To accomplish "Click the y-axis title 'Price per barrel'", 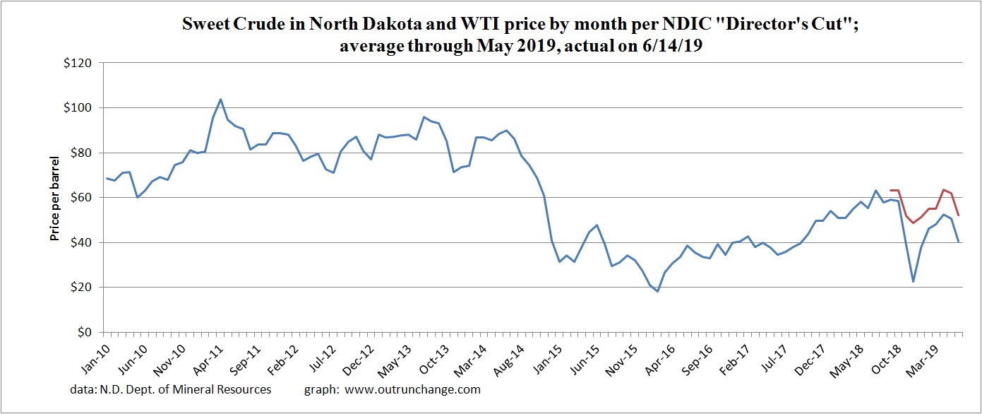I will (x=54, y=199).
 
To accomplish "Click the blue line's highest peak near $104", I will (x=220, y=99).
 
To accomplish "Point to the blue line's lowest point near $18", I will (x=657, y=291).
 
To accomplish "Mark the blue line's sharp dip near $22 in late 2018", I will (x=913, y=282).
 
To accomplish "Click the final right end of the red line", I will (x=958, y=215).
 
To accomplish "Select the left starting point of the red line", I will (x=890, y=190).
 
